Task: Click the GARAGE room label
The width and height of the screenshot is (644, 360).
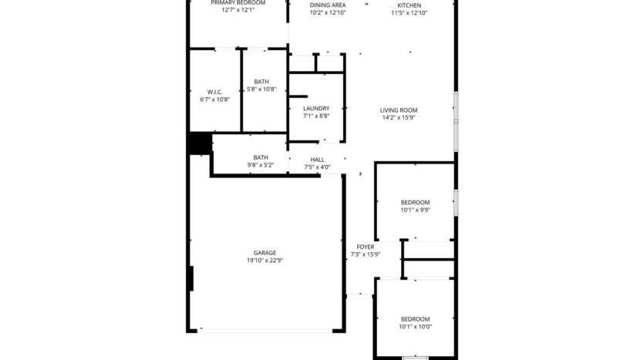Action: pos(265,253)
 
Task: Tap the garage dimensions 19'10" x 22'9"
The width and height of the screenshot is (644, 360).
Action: pos(265,261)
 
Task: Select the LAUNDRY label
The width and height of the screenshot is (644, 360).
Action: pos(316,109)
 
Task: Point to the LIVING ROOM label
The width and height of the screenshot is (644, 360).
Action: pos(399,110)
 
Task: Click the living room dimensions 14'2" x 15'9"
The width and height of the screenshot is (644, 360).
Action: pos(399,118)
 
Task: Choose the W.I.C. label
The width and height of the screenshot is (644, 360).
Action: pos(214,92)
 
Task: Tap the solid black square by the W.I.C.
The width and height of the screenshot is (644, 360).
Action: pos(200,143)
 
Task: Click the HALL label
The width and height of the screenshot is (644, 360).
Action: pos(317,160)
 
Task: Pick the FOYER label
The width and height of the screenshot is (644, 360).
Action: pos(366,247)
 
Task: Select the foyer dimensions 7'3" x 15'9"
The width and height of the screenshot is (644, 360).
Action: pos(366,254)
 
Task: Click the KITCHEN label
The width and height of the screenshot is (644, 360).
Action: pos(409,5)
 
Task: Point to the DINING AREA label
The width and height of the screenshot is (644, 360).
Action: pos(327,5)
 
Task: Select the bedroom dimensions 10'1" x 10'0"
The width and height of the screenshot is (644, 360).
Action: pos(415,327)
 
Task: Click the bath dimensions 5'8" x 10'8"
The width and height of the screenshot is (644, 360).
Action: pos(261,89)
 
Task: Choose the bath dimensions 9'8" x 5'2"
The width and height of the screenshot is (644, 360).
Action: pos(261,165)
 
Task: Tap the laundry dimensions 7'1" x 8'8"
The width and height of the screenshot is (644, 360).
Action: pos(316,116)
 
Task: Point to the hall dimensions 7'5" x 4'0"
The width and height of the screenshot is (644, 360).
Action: pos(317,167)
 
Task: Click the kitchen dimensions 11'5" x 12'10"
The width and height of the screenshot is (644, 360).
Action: pos(409,13)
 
